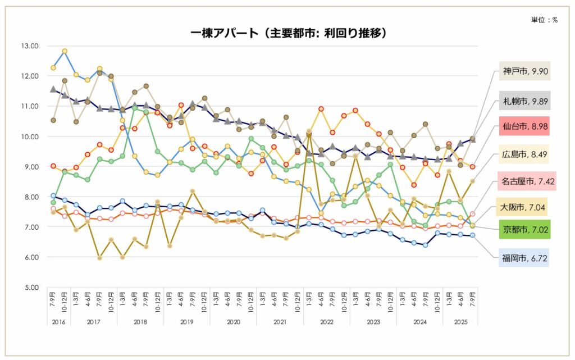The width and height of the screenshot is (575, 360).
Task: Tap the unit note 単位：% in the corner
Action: pyautogui.click(x=544, y=20)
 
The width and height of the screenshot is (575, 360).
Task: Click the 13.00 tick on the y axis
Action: pyautogui.click(x=28, y=46)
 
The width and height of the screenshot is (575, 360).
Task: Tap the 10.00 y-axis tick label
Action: pyautogui.click(x=28, y=136)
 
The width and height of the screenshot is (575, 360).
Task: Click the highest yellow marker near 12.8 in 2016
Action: pyautogui.click(x=65, y=51)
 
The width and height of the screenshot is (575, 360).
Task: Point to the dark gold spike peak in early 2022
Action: pyautogui.click(x=309, y=133)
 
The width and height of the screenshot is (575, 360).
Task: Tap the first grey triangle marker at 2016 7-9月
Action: pyautogui.click(x=53, y=89)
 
